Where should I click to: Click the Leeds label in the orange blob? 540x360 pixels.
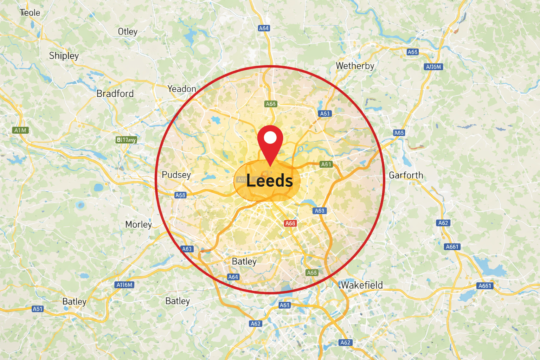[x=269, y=181]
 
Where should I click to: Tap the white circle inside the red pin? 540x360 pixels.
[x=270, y=137]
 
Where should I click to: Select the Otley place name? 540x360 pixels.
[x=128, y=32]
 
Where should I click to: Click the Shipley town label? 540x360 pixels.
[x=64, y=56]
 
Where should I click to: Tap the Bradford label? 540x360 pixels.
[x=115, y=94]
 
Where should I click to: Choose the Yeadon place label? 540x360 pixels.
[x=182, y=89]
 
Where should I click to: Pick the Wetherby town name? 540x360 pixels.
[x=355, y=66]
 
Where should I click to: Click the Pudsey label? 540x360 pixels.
[x=176, y=175]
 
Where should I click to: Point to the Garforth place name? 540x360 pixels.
[x=406, y=175]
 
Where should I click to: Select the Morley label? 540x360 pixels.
[x=139, y=224]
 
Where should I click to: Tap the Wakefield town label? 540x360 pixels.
[x=362, y=285]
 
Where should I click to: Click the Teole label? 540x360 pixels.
[x=30, y=13]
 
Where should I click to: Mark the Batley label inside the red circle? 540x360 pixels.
[x=244, y=262]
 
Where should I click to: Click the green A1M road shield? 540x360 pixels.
[x=20, y=130]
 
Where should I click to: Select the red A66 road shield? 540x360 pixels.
[x=290, y=223]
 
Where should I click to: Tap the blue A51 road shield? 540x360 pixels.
[x=37, y=309]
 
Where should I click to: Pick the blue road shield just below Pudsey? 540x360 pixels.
[x=180, y=195]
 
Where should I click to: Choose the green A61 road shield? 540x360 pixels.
[x=326, y=164]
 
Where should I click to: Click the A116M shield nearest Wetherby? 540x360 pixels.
[x=433, y=67]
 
